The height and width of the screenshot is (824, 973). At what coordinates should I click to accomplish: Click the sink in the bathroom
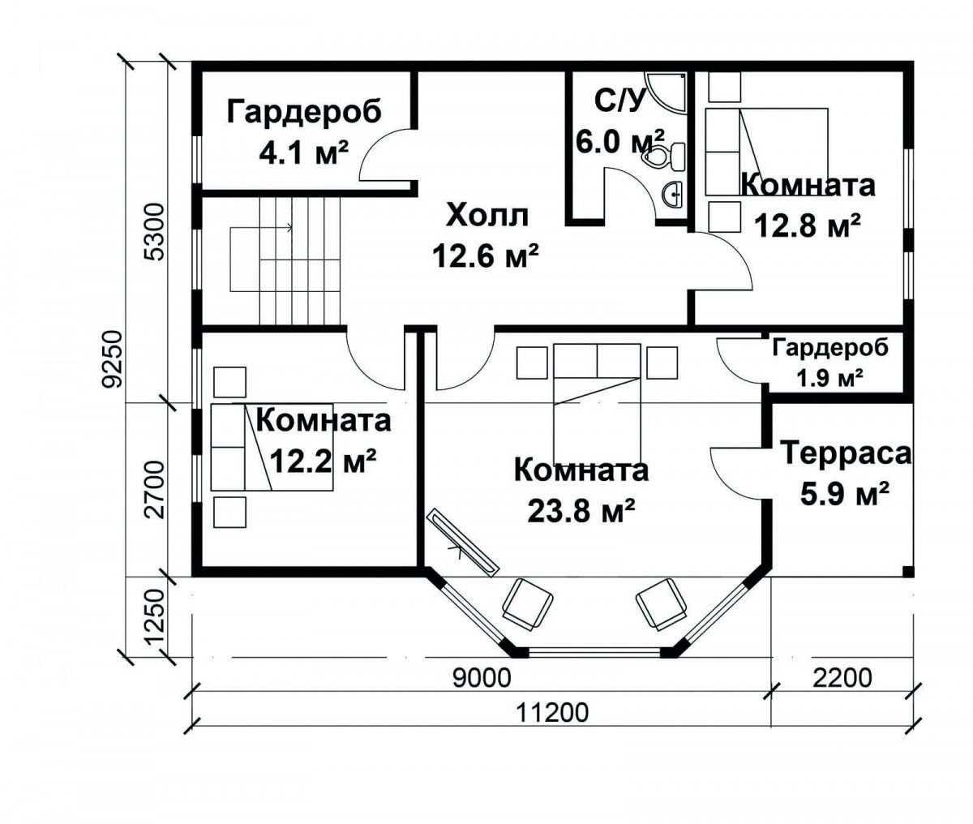672,193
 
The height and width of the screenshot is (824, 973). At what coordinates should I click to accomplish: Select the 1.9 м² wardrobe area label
829,377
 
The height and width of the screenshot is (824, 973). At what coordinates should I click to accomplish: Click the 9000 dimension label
481,676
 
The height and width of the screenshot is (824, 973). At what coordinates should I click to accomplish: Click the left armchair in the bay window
528,603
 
